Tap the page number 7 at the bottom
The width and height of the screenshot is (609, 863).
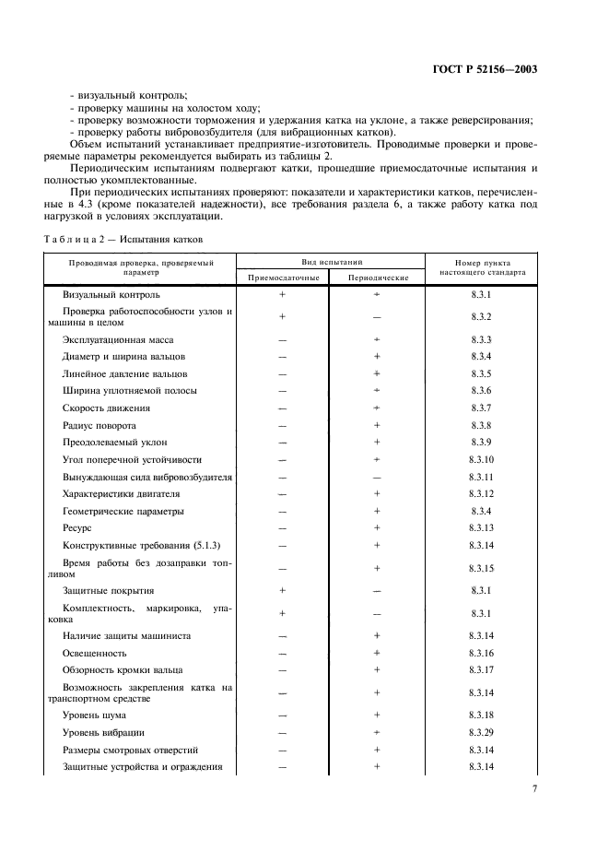point(535,788)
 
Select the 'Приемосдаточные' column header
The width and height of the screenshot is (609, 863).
point(284,277)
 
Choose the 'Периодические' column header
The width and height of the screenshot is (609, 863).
point(378,277)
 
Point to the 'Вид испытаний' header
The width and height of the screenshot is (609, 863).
point(330,261)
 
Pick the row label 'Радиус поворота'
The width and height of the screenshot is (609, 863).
point(99,425)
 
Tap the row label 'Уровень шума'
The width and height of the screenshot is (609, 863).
point(94,715)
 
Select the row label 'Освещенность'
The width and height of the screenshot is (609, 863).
point(95,652)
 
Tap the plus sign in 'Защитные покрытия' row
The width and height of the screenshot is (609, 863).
point(283,590)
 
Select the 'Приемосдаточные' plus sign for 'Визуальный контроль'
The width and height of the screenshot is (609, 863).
point(283,294)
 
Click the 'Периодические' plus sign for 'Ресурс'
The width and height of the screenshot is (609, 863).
point(378,527)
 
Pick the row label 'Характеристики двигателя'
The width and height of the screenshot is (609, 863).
point(120,493)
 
